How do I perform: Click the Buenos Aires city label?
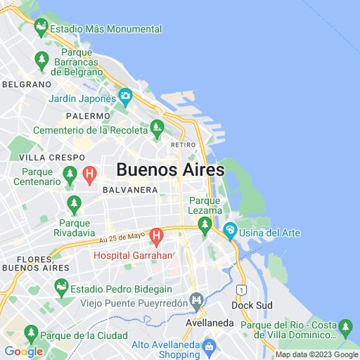[x=170, y=169]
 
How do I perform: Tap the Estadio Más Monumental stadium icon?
[x=41, y=29]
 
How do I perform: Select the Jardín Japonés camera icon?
[x=125, y=96]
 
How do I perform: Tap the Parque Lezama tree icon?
[x=205, y=225]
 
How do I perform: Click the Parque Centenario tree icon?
[x=70, y=173]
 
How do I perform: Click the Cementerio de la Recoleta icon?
[x=157, y=128]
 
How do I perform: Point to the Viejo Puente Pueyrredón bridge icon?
[x=198, y=300]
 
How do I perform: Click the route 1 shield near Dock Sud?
[x=241, y=290]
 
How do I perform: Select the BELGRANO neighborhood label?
[x=27, y=84]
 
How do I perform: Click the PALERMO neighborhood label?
[x=89, y=115]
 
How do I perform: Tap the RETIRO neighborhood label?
[x=183, y=145]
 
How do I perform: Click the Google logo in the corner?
[x=23, y=352]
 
